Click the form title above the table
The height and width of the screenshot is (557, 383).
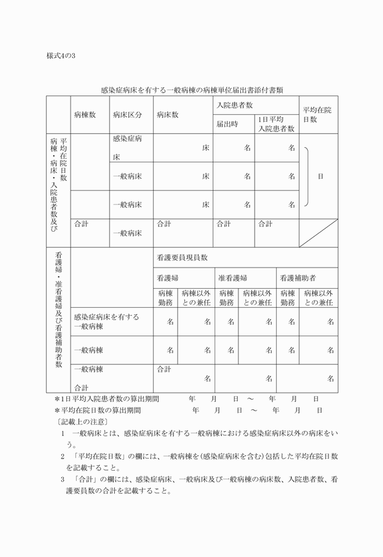191,90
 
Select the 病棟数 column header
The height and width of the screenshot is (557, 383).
85,114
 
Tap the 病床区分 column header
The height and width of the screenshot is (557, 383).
127,114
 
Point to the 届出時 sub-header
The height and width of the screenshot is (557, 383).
227,123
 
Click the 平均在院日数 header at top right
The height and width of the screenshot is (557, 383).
317,114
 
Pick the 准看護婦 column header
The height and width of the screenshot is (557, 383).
233,277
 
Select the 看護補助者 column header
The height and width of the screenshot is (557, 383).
297,277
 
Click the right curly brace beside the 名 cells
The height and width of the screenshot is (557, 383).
307,176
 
